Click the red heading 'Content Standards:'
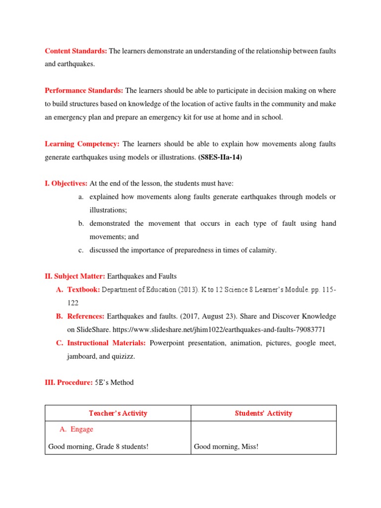(76, 51)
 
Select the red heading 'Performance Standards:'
(84, 90)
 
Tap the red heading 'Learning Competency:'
(82, 144)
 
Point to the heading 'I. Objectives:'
(66, 184)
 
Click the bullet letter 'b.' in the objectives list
(81, 224)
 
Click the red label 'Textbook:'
(83, 290)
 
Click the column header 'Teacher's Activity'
(118, 413)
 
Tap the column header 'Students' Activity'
(263, 413)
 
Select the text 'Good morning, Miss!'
(226, 446)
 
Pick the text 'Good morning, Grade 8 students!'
(98, 446)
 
